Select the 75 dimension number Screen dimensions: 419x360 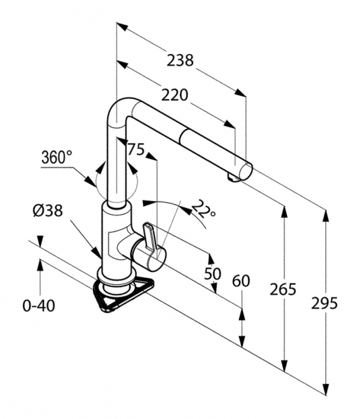[136, 150]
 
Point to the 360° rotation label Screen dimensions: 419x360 [57, 157]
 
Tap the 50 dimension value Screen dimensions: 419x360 [212, 273]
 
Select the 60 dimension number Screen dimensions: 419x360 [241, 281]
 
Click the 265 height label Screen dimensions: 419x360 [283, 288]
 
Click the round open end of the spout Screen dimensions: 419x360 [246, 171]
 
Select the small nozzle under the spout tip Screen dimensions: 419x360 [233, 180]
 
